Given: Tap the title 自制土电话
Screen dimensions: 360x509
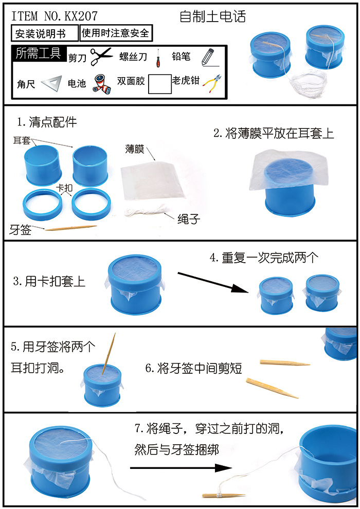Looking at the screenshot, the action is pyautogui.click(x=212, y=16).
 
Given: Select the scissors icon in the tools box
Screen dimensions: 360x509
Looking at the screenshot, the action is pyautogui.click(x=101, y=56).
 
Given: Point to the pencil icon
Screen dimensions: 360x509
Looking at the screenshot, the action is pyautogui.click(x=207, y=57).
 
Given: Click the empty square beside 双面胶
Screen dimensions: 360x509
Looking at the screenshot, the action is pyautogui.click(x=159, y=83).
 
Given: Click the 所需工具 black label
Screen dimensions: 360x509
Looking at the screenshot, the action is pyautogui.click(x=38, y=53).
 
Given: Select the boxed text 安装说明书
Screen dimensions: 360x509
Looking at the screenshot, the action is pyautogui.click(x=44, y=34).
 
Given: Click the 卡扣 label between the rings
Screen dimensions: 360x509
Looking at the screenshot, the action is pyautogui.click(x=64, y=189).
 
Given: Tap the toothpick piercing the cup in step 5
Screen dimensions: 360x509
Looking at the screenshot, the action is pyautogui.click(x=110, y=354).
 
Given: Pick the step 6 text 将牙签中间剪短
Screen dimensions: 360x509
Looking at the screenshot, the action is pyautogui.click(x=193, y=368).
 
